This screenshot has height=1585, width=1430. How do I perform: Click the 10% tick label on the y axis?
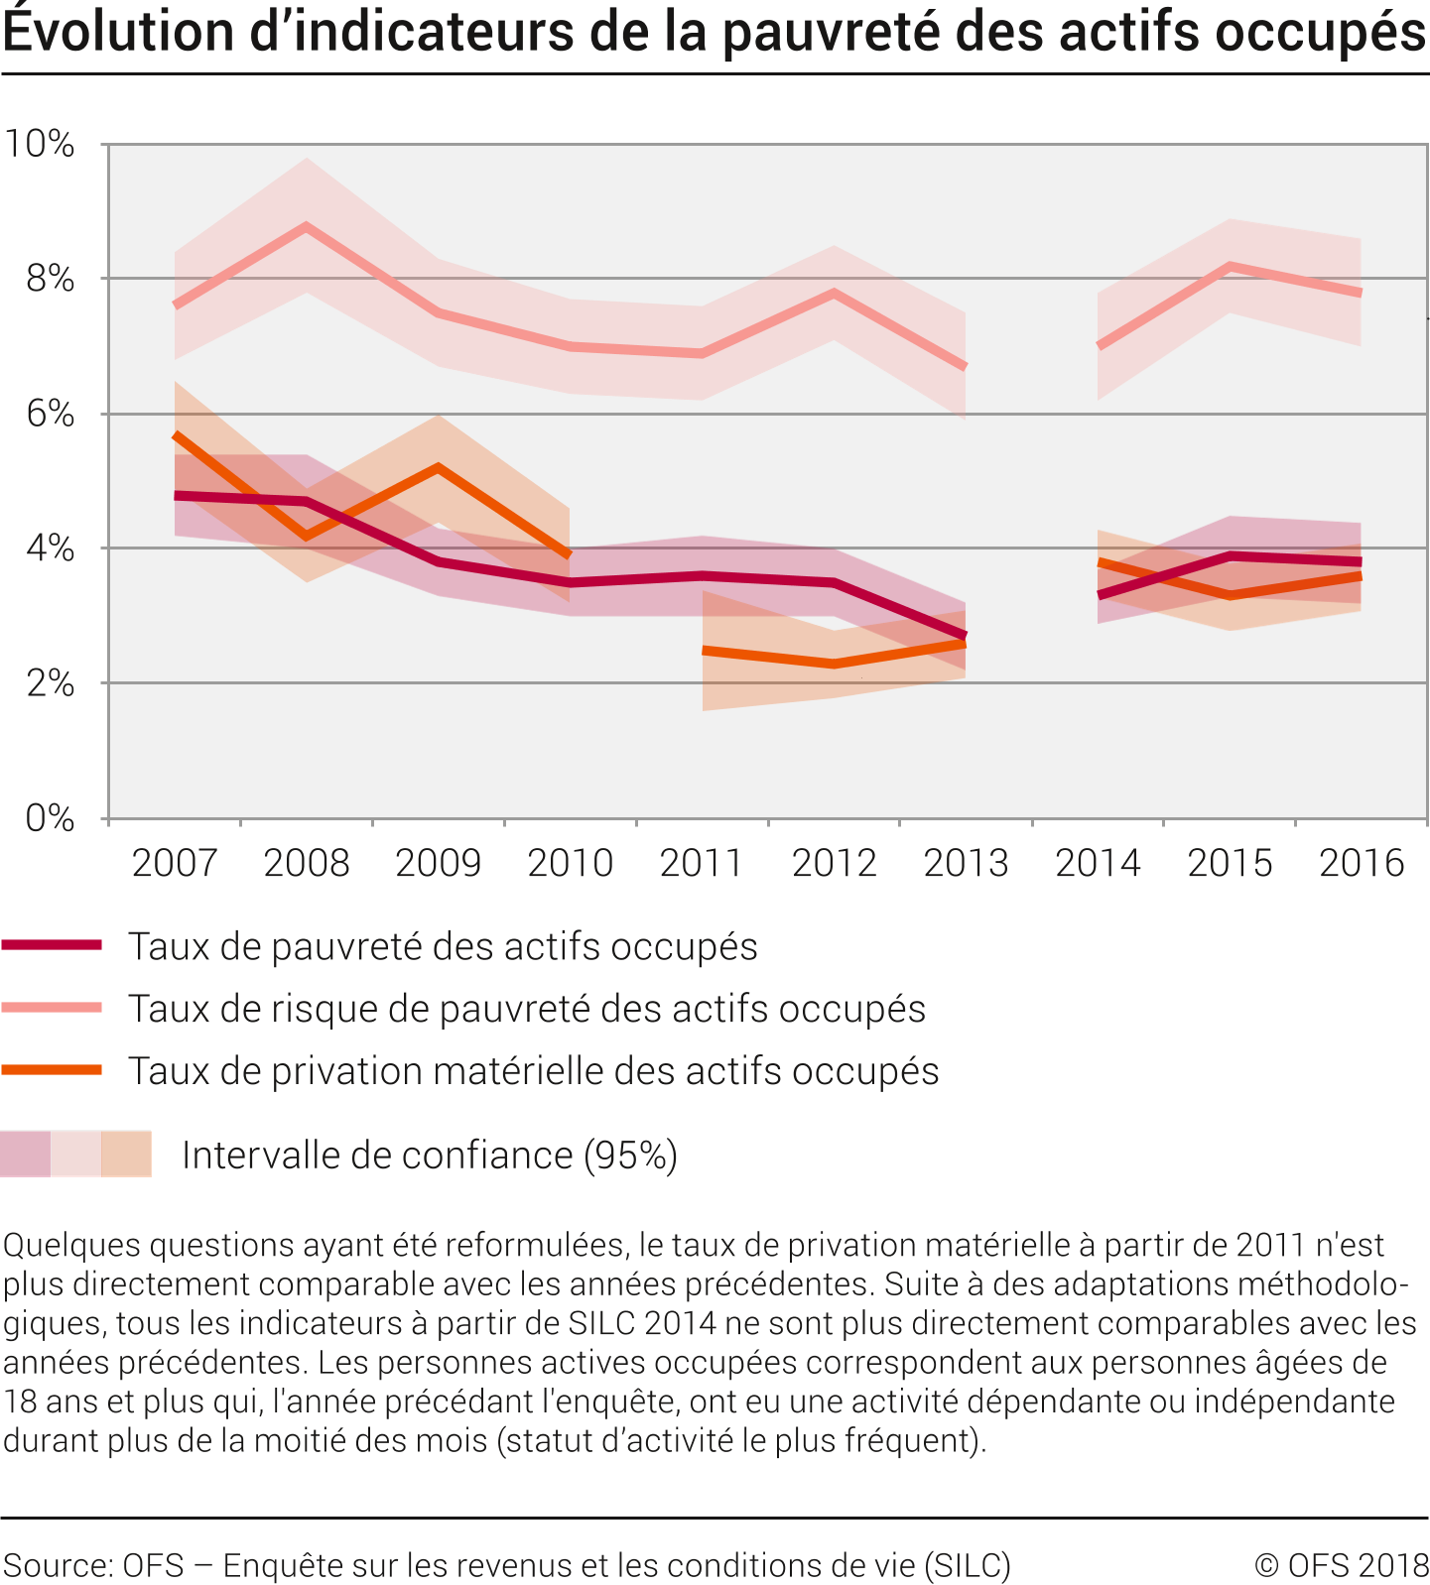point(40,144)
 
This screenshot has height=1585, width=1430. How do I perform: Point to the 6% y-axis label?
point(50,414)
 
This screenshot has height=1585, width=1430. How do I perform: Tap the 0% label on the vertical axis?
point(50,818)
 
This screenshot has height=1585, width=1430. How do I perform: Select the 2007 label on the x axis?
point(175,863)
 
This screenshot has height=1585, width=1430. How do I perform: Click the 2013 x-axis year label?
point(966,863)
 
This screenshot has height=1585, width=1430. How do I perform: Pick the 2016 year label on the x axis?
point(1362,863)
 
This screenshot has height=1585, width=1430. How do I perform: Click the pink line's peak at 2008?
point(307,226)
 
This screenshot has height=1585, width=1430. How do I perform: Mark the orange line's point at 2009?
point(439,467)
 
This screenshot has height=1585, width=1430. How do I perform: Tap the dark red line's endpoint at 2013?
point(965,636)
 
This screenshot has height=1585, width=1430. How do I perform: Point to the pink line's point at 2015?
point(1230,266)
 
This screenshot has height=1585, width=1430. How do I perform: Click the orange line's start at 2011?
point(704,651)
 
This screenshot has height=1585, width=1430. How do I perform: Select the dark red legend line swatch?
point(52,945)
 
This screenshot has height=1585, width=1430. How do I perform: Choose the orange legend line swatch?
point(52,1069)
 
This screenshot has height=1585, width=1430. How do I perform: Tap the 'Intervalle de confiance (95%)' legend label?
point(430,1156)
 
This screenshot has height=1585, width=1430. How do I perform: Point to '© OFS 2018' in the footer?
point(1341,1564)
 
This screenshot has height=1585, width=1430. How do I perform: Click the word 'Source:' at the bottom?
point(59,1565)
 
